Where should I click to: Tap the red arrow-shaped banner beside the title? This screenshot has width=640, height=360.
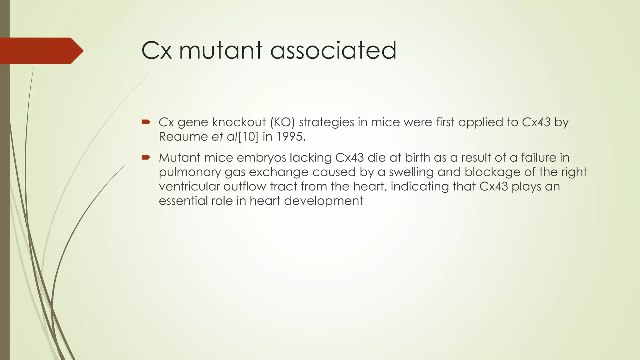tap(41, 51)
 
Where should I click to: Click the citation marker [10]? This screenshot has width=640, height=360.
tap(248, 137)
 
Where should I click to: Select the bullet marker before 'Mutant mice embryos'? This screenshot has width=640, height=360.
tap(146, 157)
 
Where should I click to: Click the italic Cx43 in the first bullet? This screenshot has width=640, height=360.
tap(536, 122)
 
